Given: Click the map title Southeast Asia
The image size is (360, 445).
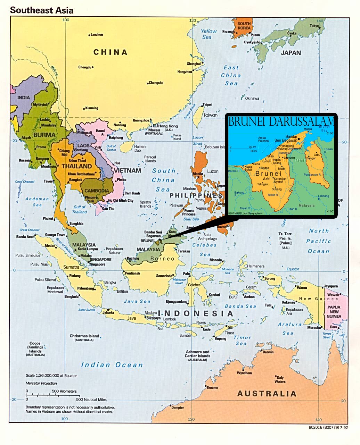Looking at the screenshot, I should (42, 10).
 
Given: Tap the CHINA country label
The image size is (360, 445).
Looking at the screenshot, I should (111, 52).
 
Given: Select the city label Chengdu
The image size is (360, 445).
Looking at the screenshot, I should (84, 67).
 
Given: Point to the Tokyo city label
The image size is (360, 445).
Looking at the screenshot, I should (314, 26).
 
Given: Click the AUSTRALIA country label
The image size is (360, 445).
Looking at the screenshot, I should (267, 394).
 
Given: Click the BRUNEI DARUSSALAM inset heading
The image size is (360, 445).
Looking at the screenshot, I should (281, 121).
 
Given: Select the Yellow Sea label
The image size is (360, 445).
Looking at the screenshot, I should (208, 34).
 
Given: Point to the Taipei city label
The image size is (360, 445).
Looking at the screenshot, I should (207, 104).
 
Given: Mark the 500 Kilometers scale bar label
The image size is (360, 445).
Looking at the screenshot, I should (64, 391).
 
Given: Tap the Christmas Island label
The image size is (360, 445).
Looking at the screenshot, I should (84, 336).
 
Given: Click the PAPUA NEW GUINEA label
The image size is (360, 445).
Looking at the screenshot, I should (334, 312).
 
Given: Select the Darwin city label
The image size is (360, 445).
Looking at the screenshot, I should (268, 352).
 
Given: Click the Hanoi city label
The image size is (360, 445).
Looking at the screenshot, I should (100, 131).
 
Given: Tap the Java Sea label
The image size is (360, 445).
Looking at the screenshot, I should (137, 301).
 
